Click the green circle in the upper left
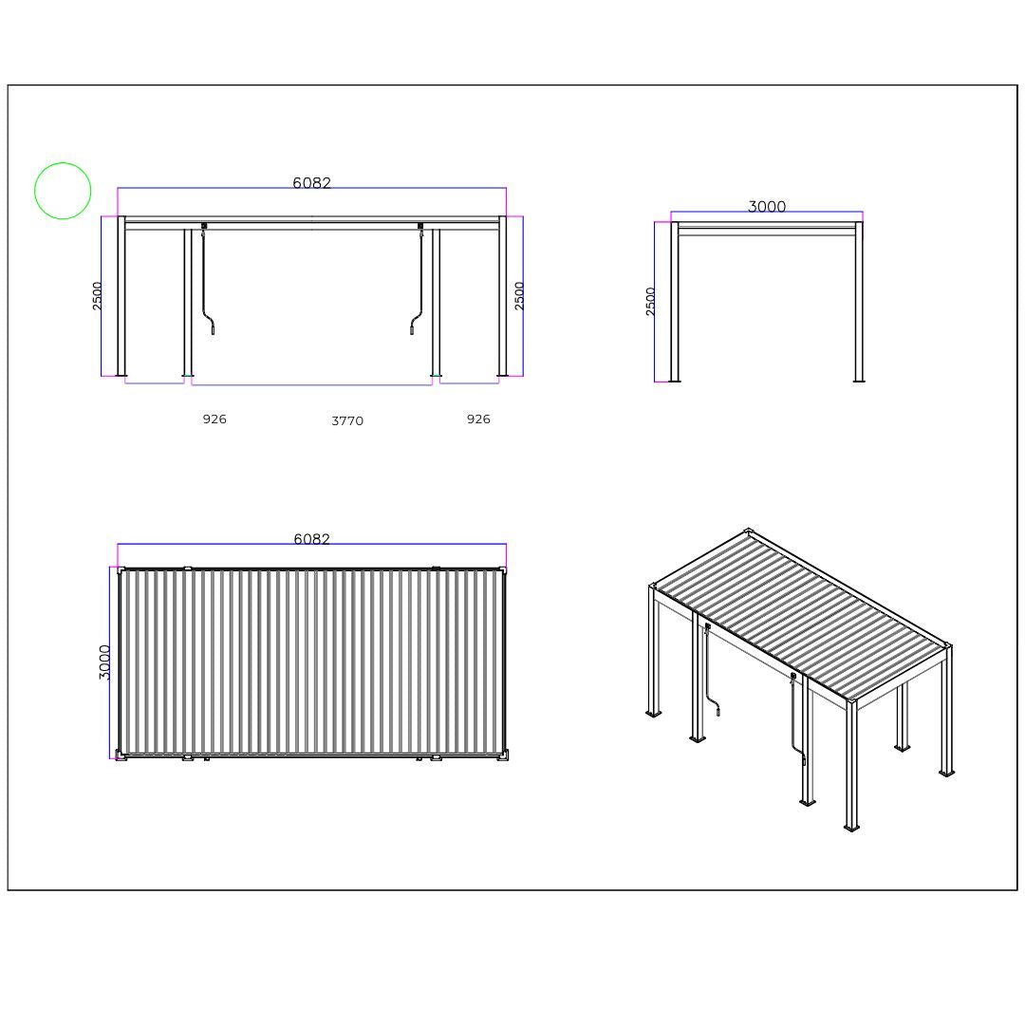click(63, 191)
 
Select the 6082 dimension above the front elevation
click(311, 183)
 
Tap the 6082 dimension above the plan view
click(311, 539)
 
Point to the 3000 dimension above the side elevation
click(767, 207)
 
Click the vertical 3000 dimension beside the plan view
click(105, 662)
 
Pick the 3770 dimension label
click(347, 421)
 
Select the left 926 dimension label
click(214, 419)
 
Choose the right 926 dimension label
click(478, 419)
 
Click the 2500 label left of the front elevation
click(98, 295)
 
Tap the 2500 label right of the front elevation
click(519, 295)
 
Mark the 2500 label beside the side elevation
click(651, 301)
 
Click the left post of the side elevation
click(675, 304)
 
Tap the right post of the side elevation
click(859, 304)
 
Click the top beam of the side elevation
click(767, 226)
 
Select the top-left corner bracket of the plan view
click(120, 570)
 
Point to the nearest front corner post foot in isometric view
click(851, 827)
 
